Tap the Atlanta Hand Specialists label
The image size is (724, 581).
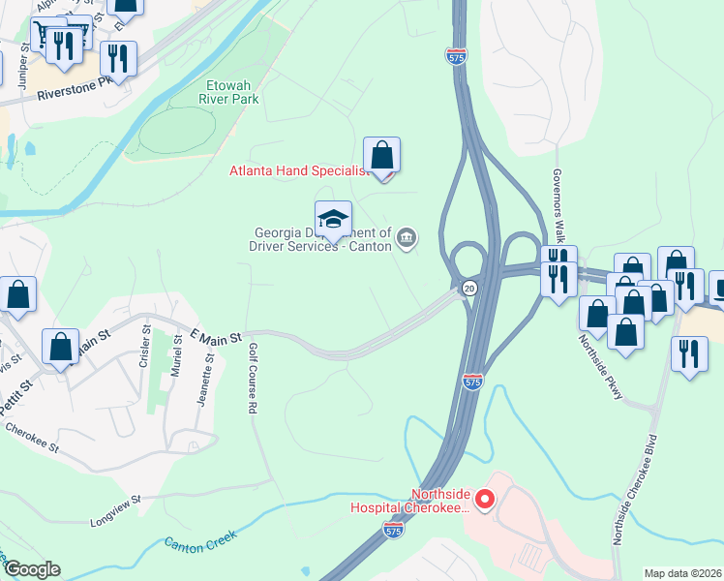coord(299,171)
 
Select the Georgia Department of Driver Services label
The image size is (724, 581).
coord(322,239)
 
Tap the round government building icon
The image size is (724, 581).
coord(407,237)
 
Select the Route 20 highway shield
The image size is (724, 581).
coord(468,289)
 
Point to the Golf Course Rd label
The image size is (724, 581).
coord(252,379)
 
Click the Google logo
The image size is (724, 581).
coord(32,569)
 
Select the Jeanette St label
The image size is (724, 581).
coord(203,382)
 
